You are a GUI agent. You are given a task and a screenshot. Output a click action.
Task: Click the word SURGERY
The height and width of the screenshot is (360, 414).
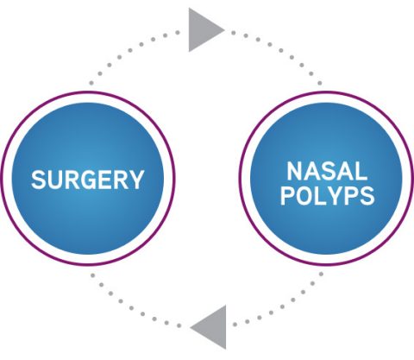87,180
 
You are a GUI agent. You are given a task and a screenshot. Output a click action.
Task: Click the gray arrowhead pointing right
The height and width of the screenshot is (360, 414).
205,29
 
